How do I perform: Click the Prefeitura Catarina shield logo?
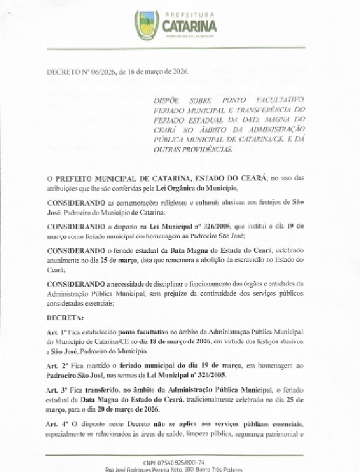pos(147,25)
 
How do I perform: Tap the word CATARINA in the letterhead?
pos(189,26)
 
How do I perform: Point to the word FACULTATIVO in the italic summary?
pos(284,98)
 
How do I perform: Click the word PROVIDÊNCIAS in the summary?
pos(208,150)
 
